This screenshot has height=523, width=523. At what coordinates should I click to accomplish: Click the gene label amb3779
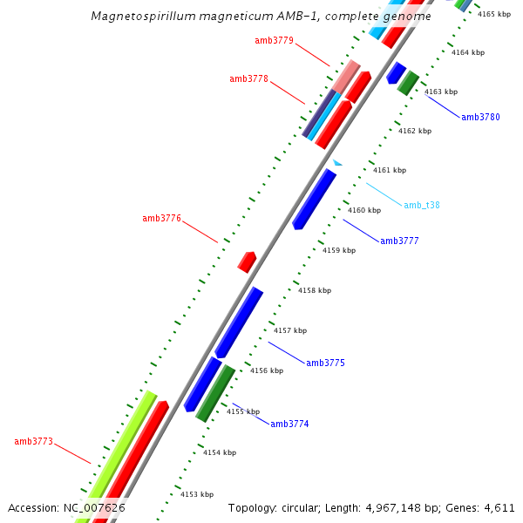tap(274, 40)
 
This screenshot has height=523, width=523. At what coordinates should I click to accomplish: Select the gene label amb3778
tap(248, 78)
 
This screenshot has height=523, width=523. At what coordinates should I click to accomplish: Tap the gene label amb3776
tap(161, 218)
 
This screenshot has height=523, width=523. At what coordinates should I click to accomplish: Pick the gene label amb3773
tap(33, 441)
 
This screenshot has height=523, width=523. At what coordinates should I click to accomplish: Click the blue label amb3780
tap(480, 117)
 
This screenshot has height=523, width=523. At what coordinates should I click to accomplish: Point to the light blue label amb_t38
tap(421, 206)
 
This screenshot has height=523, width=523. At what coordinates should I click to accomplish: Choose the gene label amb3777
tap(399, 241)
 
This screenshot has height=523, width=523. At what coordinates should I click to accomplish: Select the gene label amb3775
tap(325, 363)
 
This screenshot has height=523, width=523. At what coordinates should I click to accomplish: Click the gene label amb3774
tap(289, 424)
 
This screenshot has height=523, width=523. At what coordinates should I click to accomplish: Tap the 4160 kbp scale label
tap(364, 210)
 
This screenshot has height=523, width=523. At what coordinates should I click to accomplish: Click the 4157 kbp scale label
tap(290, 330)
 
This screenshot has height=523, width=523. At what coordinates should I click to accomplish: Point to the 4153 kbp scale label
tap(196, 494)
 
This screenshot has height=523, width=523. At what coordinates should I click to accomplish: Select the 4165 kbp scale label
tap(494, 14)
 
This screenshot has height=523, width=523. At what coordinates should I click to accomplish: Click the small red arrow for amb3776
tap(248, 261)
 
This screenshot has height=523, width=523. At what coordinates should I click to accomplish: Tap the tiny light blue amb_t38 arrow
tap(337, 162)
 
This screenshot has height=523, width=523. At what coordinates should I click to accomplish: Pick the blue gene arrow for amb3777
tap(314, 199)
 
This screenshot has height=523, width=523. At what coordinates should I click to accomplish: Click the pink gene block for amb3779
tap(347, 75)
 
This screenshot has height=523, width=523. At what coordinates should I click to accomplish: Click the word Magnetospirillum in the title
tap(142, 17)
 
